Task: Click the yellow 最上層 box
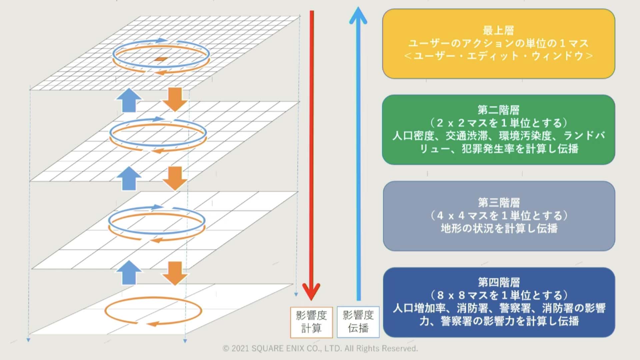coord(498,44)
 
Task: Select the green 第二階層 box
coord(498,130)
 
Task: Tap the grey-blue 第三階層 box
coord(499,216)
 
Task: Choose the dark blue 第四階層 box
coord(499,302)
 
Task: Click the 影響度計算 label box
coord(311,322)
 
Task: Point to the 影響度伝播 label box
coord(358,322)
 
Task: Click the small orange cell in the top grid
coord(161,59)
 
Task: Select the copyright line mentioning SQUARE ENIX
coord(320,348)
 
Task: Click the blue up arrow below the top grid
coord(129,100)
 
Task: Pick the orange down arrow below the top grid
coord(175,99)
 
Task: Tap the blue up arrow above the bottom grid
coord(129,273)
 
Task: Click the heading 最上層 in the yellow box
coord(498,31)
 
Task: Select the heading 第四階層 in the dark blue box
coord(499,282)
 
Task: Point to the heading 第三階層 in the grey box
coord(499,203)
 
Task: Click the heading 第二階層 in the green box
coord(498,110)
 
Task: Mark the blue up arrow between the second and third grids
coord(129,179)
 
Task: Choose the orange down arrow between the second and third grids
coord(175,178)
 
